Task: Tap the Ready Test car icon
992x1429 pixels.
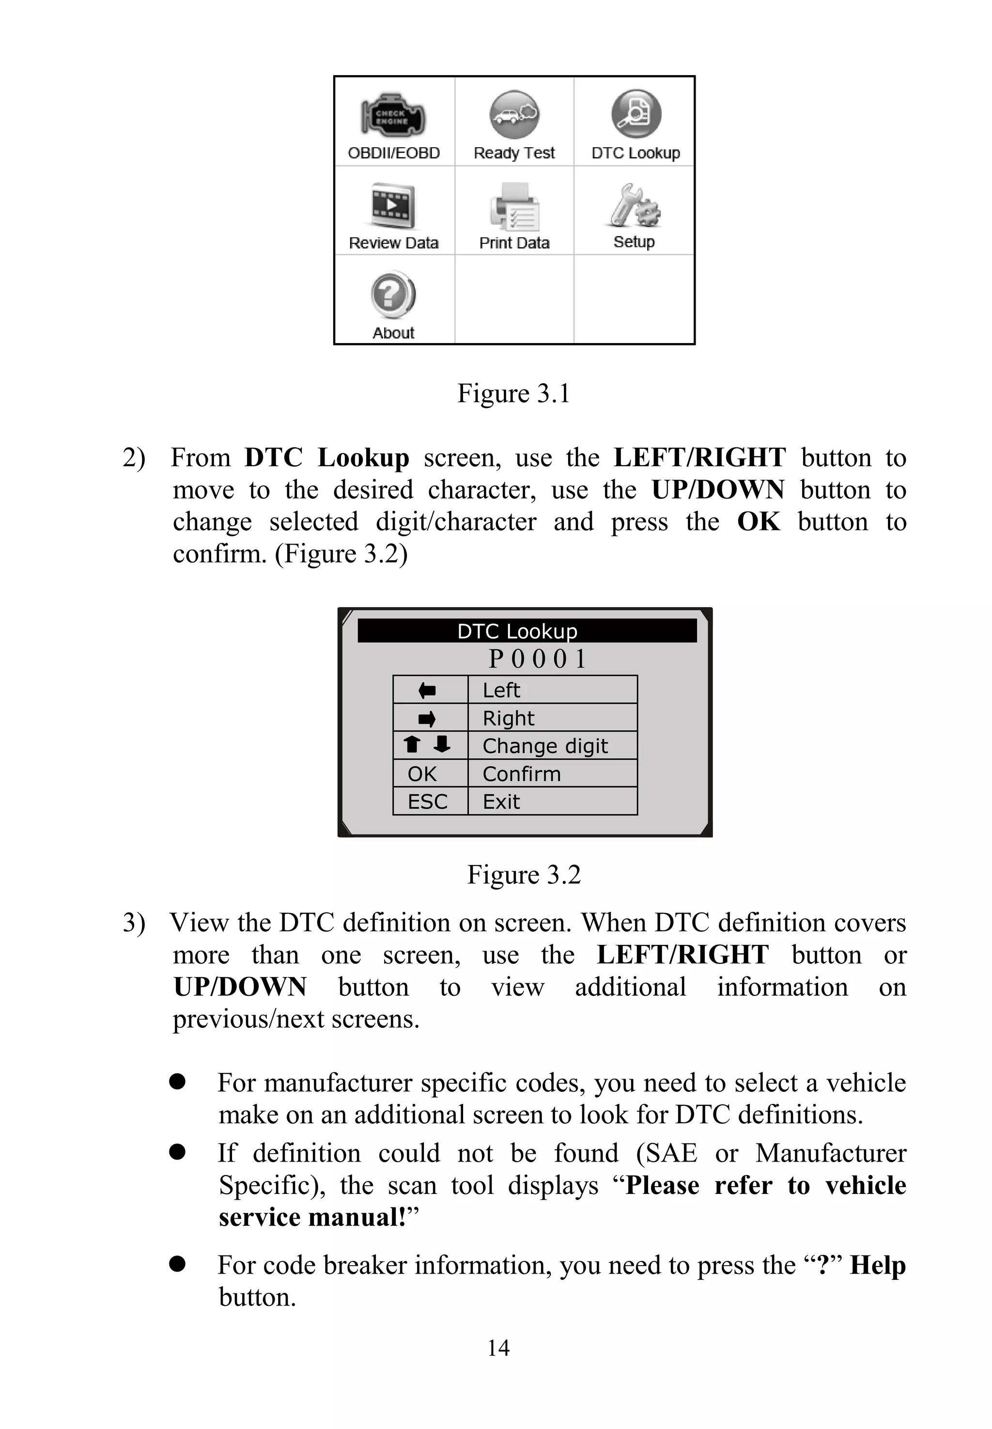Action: [x=514, y=114]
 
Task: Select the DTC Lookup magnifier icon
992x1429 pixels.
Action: [x=635, y=114]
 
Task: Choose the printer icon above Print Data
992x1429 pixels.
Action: [x=514, y=207]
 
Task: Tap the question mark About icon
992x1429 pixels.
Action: [x=393, y=295]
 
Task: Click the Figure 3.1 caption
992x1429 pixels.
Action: [x=513, y=393]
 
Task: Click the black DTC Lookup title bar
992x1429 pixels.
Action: [x=527, y=630]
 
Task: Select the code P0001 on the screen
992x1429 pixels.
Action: [x=537, y=659]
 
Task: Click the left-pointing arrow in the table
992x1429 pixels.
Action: [x=427, y=690]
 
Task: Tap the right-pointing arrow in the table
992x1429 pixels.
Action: [x=427, y=719]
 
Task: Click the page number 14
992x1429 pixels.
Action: [x=498, y=1348]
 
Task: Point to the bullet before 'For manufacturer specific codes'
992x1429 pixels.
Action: [x=178, y=1083]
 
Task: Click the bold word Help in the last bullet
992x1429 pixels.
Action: [x=878, y=1265]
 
